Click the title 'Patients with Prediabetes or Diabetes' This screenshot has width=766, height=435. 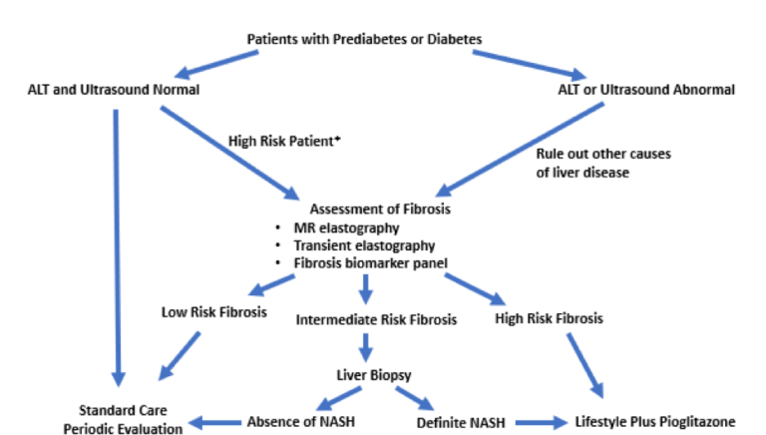tap(364, 39)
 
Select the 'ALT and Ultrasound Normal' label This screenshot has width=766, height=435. tap(114, 90)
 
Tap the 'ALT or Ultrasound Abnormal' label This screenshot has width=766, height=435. tap(646, 90)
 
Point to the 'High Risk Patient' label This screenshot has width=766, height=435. tap(281, 142)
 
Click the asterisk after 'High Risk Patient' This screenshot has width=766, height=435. tap(337, 140)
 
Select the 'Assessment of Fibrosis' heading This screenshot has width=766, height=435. tap(380, 210)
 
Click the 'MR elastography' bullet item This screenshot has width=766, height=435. tap(346, 228)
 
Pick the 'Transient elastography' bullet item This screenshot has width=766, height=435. tap(364, 245)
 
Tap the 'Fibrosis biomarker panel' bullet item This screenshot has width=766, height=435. tap(370, 263)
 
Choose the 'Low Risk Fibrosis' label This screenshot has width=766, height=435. tap(214, 312)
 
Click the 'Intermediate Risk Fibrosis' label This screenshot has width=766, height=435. tap(376, 319)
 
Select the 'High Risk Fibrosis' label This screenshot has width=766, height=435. tap(550, 318)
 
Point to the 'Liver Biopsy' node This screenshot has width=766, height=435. tap(374, 375)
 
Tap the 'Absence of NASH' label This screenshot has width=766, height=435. tap(301, 422)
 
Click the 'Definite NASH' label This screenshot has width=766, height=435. tap(461, 423)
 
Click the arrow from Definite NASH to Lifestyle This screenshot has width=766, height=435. tap(542, 422)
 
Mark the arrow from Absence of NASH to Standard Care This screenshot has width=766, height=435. tap(215, 422)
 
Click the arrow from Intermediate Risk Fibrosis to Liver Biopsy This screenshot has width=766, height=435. tap(365, 347)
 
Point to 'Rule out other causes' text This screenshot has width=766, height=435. tap(603, 154)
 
